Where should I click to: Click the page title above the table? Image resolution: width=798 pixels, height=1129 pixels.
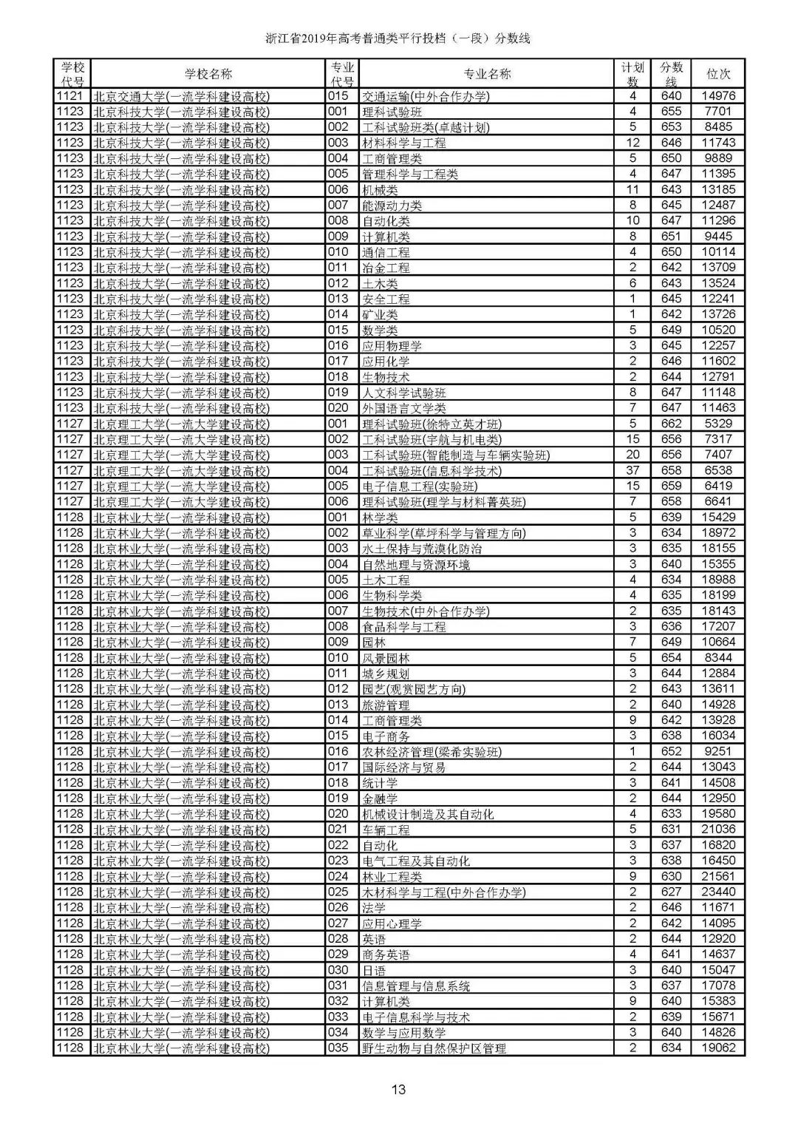pos(398,38)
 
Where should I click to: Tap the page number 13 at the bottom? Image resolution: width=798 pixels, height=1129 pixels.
pos(399,1088)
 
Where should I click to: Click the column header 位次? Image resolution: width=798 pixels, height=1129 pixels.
pos(718,74)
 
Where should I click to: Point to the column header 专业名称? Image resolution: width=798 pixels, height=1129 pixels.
pos(487,74)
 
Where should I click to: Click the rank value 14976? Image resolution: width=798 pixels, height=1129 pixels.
pos(718,95)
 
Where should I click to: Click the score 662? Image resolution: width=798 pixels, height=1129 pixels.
pos(671,424)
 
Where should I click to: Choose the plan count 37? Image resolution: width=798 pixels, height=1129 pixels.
pos(632,470)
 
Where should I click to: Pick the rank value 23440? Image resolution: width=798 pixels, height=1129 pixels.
pos(718,892)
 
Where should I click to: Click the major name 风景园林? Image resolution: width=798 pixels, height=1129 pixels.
pos(386,658)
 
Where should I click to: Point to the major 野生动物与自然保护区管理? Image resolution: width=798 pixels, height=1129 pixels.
pos(434,1048)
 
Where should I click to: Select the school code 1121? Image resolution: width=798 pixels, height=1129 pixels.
pos(70,95)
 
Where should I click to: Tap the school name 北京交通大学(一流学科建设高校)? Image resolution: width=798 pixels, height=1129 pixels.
pos(181,96)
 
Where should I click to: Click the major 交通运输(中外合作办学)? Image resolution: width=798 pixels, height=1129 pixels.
pos(426,96)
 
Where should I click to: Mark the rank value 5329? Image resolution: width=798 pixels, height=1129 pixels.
pos(718,424)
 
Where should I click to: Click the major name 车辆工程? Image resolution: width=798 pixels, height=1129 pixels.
pos(386,830)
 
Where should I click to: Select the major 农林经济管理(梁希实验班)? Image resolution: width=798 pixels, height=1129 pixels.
pos(432,752)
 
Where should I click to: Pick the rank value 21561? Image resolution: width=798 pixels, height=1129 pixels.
pos(718,877)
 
